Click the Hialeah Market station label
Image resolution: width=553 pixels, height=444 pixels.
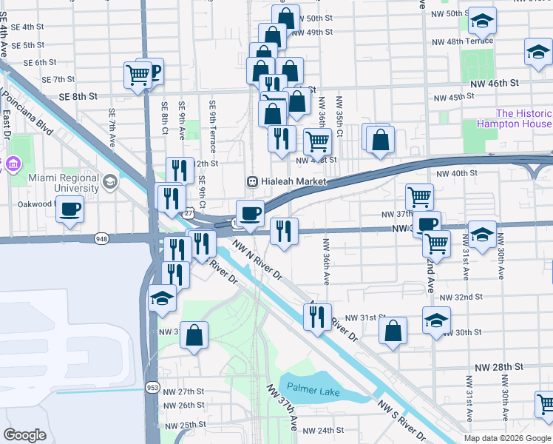coord(291,182)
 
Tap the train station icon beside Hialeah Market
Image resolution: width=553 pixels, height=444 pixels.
coord(252,182)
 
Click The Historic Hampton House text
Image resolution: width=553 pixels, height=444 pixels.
coord(523,119)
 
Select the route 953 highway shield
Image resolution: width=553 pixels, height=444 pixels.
coord(152,388)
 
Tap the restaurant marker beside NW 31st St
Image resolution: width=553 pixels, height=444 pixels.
coord(316,317)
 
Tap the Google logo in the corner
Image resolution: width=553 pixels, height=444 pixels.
coord(25,434)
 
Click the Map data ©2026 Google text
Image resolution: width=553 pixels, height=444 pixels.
coord(507,438)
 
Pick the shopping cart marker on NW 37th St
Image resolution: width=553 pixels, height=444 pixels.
coord(419,197)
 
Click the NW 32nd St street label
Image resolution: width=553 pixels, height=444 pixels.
coord(461,297)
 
